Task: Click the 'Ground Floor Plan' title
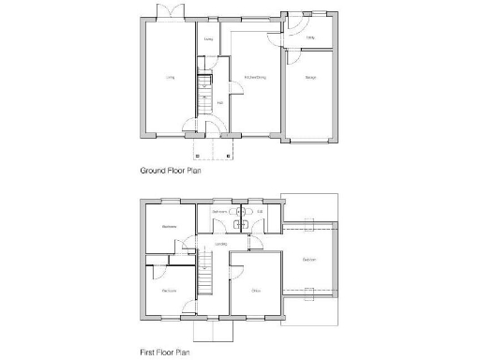[x=172, y=171]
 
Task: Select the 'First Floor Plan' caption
[x=167, y=354]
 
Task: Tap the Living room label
[x=171, y=78]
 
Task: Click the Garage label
[x=309, y=78]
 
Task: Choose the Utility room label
[x=310, y=37]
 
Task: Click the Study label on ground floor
[x=209, y=39]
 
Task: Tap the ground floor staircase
[x=202, y=89]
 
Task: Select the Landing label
[x=220, y=246]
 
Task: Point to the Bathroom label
[x=220, y=213]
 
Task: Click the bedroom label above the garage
[x=308, y=259]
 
